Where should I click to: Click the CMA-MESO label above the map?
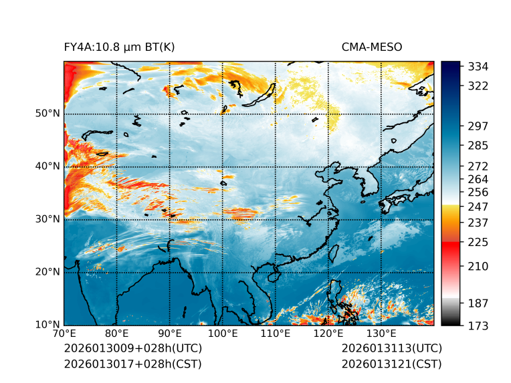(x=372, y=47)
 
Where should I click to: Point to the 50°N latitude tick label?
(x=47, y=114)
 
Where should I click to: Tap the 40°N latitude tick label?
(x=47, y=166)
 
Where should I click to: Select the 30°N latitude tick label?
(x=47, y=219)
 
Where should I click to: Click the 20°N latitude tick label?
(x=47, y=272)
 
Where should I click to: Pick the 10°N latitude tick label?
(x=47, y=325)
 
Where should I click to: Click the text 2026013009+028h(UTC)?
(x=132, y=349)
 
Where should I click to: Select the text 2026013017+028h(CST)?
(x=132, y=364)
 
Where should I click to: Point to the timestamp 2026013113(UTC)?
(x=391, y=349)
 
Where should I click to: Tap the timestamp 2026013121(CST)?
(x=391, y=364)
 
